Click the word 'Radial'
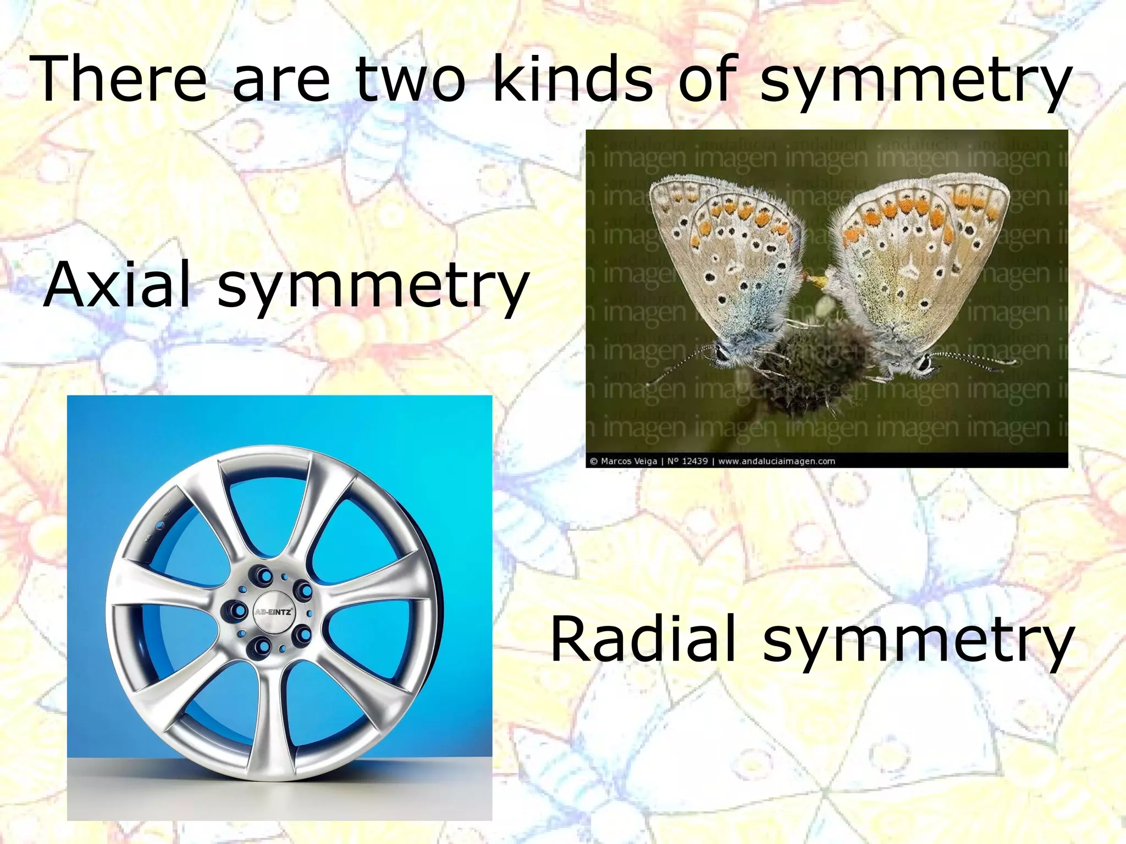point(643,638)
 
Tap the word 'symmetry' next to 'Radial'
point(918,643)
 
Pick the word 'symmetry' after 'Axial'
point(373,288)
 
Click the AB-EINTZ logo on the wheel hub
point(273,612)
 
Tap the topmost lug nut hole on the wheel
point(263,575)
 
